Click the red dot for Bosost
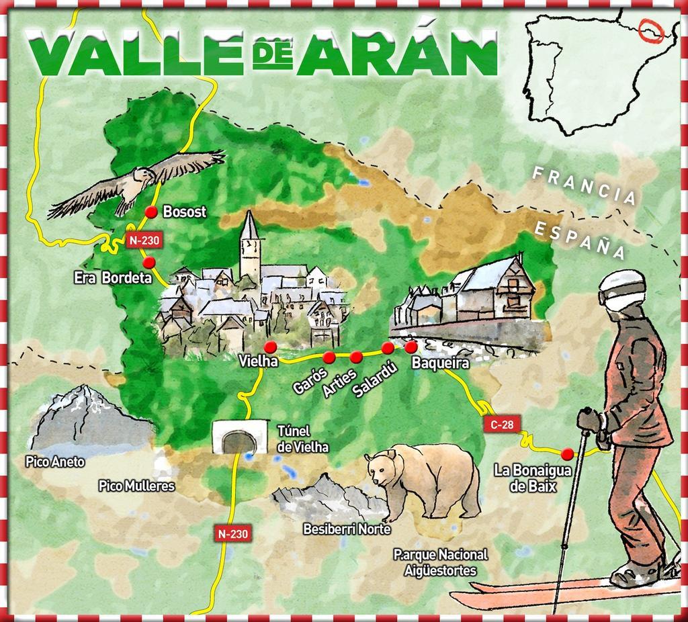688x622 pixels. pyautogui.click(x=151, y=212)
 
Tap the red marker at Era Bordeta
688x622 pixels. pyautogui.click(x=149, y=261)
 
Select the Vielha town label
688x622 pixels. pyautogui.click(x=259, y=362)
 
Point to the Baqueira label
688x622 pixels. pyautogui.click(x=440, y=363)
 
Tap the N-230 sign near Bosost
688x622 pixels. pyautogui.click(x=142, y=239)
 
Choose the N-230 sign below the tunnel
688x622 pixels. pyautogui.click(x=233, y=534)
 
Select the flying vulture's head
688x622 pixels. pyautogui.click(x=143, y=176)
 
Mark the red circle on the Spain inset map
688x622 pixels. pyautogui.click(x=650, y=30)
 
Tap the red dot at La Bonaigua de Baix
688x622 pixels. pyautogui.click(x=568, y=453)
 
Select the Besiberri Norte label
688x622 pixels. pyautogui.click(x=347, y=529)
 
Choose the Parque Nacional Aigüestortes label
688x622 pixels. pyautogui.click(x=440, y=563)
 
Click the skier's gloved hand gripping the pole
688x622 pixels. pyautogui.click(x=589, y=420)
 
